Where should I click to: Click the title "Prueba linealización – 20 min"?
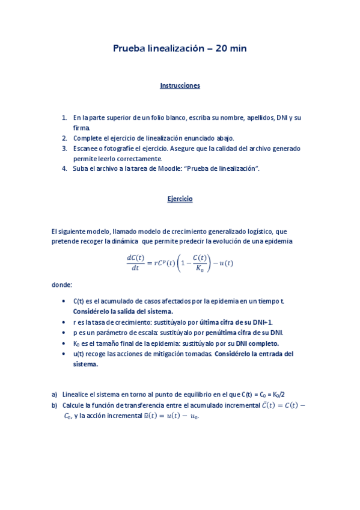tap(180, 48)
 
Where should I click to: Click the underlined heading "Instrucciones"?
tap(180, 85)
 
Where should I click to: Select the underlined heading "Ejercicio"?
tap(180, 198)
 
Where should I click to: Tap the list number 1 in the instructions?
tap(64, 117)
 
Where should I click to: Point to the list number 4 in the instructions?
tap(64, 168)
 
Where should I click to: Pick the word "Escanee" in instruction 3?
tap(86, 148)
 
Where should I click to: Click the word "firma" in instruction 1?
tap(81, 127)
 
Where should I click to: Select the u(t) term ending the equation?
tap(226, 262)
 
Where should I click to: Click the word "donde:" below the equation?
tap(62, 284)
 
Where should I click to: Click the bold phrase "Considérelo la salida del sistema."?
tap(123, 311)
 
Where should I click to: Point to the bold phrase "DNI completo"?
tap(258, 343)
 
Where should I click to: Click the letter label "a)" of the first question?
tap(55, 395)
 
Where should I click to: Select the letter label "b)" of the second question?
tap(55, 405)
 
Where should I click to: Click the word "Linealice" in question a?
tap(76, 395)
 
